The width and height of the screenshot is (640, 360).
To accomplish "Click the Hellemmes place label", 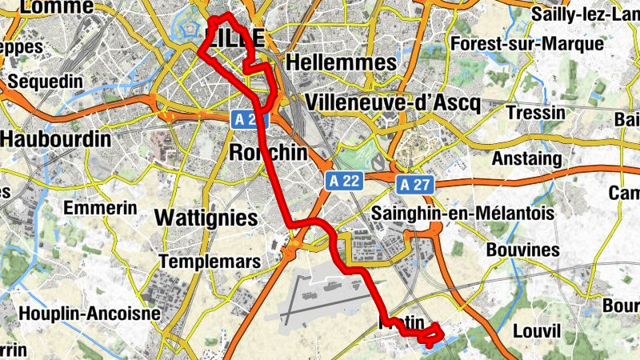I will tap(341, 62).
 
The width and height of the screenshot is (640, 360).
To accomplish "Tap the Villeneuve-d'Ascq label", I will tap(392, 102).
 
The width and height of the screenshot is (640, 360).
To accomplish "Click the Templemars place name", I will tap(210, 262).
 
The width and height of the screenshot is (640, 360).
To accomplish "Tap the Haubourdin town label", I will tap(55, 138).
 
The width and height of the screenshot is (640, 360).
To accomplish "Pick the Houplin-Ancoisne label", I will tap(90, 313).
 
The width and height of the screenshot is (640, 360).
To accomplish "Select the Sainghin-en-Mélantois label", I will tap(463, 213).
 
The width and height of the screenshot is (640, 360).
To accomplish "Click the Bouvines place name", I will tap(522, 250).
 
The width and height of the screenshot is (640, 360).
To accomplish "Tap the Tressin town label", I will tap(536, 113).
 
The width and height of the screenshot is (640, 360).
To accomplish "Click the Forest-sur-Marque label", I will tap(526, 43).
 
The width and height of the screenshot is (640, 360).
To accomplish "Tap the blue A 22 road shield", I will tap(345, 182).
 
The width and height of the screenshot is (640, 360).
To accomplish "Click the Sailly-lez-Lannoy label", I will tap(584, 14).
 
